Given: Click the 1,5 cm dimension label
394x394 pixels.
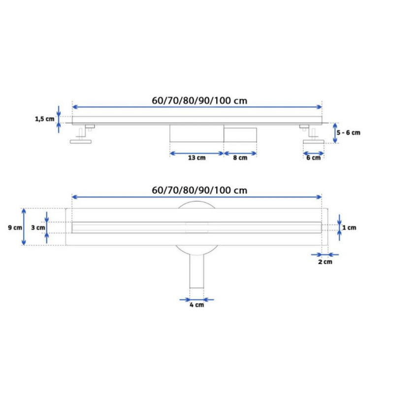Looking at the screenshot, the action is pos(45,119).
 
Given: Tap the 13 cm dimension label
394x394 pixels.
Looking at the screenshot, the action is pos(197,158).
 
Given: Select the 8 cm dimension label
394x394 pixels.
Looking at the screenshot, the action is pos(240,158).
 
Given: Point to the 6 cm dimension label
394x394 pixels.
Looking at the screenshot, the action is pos(313,158).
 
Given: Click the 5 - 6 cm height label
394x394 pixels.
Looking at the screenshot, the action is pos(348,132).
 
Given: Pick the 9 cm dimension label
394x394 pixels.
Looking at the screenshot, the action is pos(15,228).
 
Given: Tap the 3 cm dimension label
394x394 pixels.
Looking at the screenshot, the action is pos(38,228).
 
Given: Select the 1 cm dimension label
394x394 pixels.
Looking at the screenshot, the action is pos(349,228).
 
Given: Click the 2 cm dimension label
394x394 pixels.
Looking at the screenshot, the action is pos(325,262).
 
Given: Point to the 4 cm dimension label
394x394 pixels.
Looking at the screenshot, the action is pos(197,305).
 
